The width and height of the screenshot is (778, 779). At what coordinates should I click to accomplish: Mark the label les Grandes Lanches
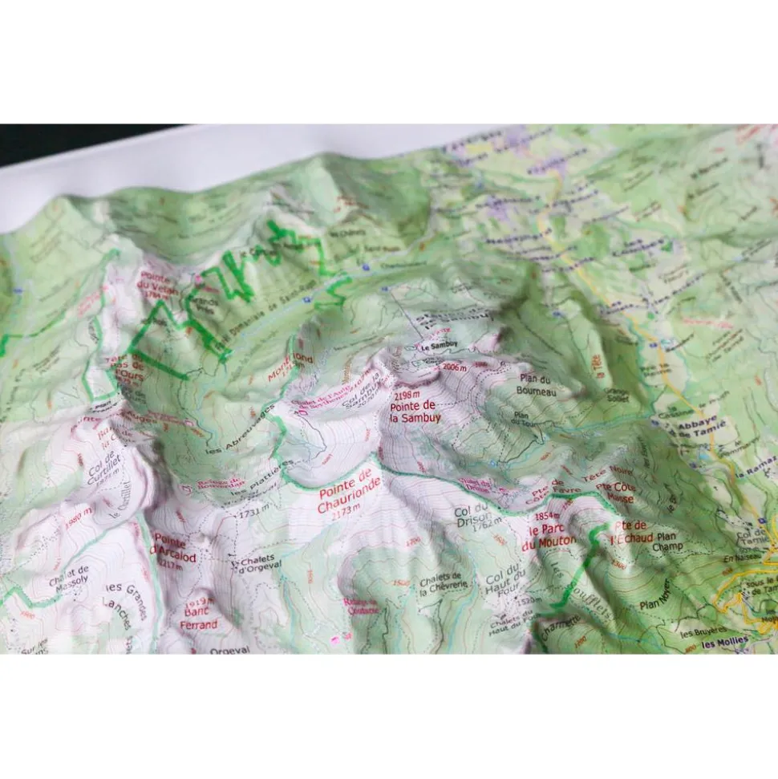(x=126, y=602)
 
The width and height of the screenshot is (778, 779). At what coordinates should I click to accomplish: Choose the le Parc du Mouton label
(x=549, y=537)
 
